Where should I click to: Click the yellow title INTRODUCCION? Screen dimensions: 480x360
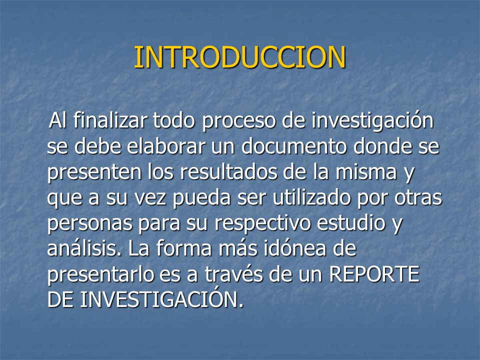[x=240, y=57]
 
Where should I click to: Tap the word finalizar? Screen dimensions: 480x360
[x=110, y=120]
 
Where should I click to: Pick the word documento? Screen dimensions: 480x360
[x=294, y=146]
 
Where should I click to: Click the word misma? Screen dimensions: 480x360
[x=366, y=171]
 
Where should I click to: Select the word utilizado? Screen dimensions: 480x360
[x=311, y=197]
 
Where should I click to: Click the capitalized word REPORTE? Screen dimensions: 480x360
[x=374, y=274]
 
